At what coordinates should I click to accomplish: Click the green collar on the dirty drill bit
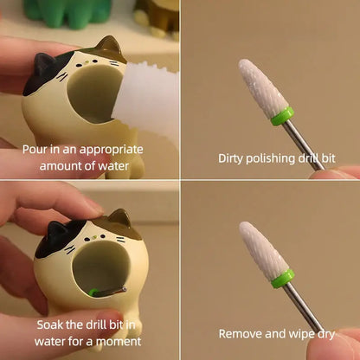tap(282, 116)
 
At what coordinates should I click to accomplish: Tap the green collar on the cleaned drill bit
tap(283, 279)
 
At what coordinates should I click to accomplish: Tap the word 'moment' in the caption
tap(119, 342)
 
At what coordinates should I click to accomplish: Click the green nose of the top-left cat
tap(87, 61)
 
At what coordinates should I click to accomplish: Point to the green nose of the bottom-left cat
tap(95, 237)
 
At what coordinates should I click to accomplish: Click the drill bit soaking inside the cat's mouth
tap(107, 292)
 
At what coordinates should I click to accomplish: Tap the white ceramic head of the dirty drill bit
tap(263, 88)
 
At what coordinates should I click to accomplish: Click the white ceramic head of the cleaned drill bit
tap(264, 250)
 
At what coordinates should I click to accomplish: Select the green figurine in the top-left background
tap(67, 13)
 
